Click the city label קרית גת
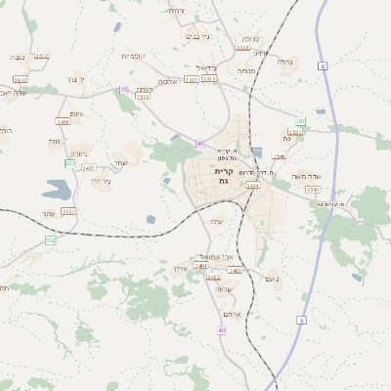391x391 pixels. click(223, 176)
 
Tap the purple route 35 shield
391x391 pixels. click(123, 89)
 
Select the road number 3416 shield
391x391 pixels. click(64, 122)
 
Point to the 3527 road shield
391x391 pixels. click(68, 210)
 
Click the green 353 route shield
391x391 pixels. click(300, 121)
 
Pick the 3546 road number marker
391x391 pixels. click(280, 156)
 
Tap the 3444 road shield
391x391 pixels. click(252, 185)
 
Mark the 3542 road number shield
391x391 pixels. click(313, 189)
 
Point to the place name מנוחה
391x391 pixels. click(246, 70)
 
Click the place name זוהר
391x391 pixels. click(49, 214)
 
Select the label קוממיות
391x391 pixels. click(133, 56)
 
